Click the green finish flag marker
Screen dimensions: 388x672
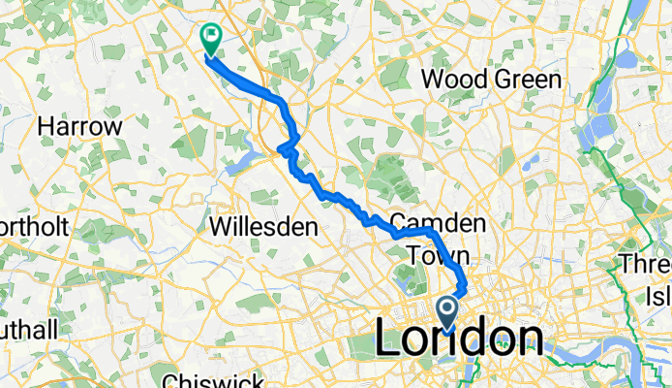[210, 38]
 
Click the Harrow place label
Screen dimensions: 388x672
[79, 127]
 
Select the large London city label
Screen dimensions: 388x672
[458, 340]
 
